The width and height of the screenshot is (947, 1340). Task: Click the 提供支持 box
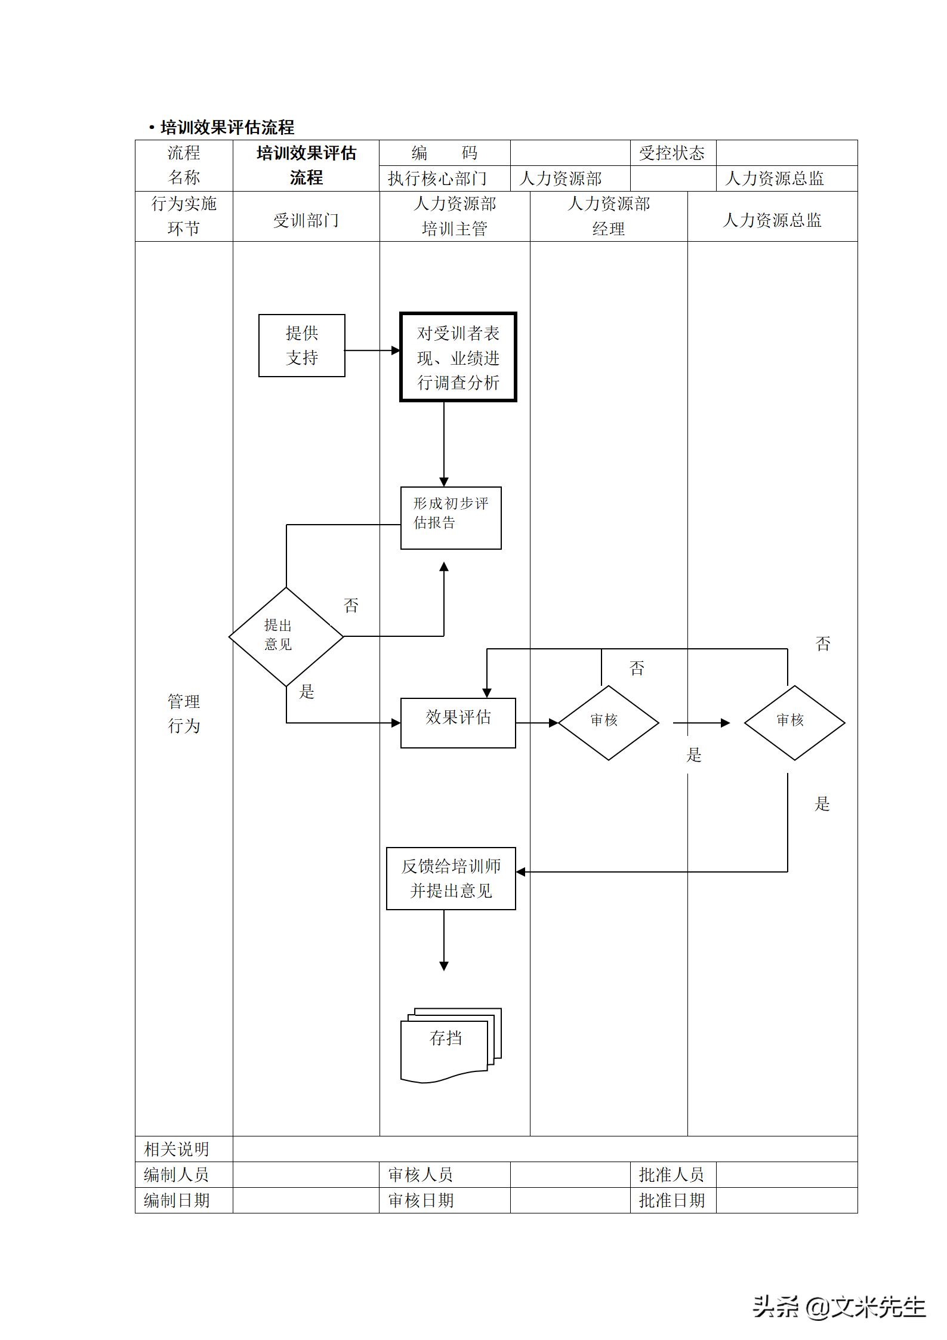click(x=301, y=346)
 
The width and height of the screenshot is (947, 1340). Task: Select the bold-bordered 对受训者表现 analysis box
click(x=458, y=357)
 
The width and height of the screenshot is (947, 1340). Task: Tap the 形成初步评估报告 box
click(x=451, y=517)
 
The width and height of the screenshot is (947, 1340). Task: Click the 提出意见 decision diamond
click(x=286, y=636)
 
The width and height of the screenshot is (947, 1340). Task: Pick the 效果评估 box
click(x=458, y=722)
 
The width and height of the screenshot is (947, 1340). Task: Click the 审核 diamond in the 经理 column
click(x=608, y=722)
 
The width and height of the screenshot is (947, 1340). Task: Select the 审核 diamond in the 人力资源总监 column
click(x=794, y=722)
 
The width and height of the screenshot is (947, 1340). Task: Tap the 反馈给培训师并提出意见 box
click(x=451, y=879)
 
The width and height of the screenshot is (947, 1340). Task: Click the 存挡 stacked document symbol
click(x=451, y=1045)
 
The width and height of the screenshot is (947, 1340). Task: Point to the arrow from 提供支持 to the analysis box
click(x=372, y=350)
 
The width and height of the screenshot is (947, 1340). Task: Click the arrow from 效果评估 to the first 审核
click(x=536, y=723)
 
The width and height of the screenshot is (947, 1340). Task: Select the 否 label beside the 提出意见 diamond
click(x=351, y=606)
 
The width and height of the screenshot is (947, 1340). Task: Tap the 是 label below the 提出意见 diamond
click(x=307, y=692)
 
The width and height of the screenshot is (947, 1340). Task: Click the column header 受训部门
click(x=306, y=220)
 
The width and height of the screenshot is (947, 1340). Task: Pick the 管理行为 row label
click(x=183, y=713)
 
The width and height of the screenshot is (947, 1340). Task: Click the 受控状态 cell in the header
click(x=672, y=153)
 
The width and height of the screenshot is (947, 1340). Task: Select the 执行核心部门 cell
click(x=437, y=178)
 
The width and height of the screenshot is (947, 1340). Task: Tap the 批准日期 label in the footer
click(x=672, y=1200)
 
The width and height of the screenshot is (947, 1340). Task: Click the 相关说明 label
click(x=177, y=1149)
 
